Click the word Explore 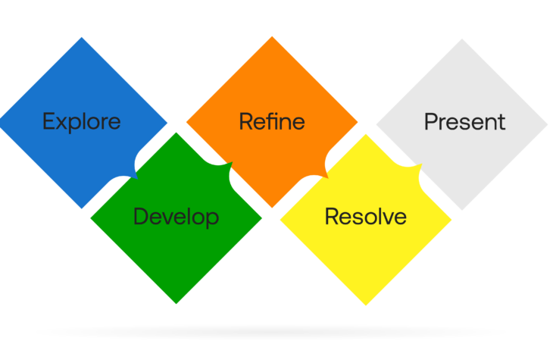pyautogui.click(x=82, y=122)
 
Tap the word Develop pyautogui.click(x=176, y=217)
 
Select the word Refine pyautogui.click(x=272, y=121)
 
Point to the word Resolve pyautogui.click(x=365, y=216)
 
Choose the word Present pyautogui.click(x=465, y=122)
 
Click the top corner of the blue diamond pyautogui.click(x=82, y=37)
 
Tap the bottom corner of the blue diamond pyautogui.click(x=82, y=208)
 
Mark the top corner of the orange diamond pyautogui.click(x=272, y=36)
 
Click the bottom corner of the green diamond pyautogui.click(x=177, y=303)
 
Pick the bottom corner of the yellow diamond pyautogui.click(x=366, y=305)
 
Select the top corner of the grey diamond pyautogui.click(x=462, y=39)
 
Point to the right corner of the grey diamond pyautogui.click(x=548, y=124)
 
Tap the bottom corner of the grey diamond pyautogui.click(x=462, y=210)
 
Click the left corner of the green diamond pyautogui.click(x=91, y=218)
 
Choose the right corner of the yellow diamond pyautogui.click(x=451, y=220)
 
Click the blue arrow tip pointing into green pyautogui.click(x=137, y=179)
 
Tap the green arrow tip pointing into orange pyautogui.click(x=233, y=162)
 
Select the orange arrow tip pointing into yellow pyautogui.click(x=328, y=178)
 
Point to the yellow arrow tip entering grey pyautogui.click(x=422, y=164)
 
